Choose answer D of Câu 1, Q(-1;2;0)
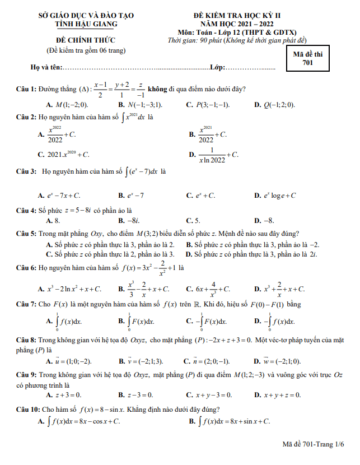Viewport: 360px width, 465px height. (275, 105)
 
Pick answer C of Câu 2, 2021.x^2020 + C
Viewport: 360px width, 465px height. (64, 155)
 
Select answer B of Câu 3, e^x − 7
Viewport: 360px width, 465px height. (132, 196)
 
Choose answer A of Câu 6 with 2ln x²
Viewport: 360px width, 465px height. (70, 289)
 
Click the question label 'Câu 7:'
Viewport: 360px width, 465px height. (26, 305)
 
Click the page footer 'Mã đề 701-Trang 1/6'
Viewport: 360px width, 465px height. (313, 444)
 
